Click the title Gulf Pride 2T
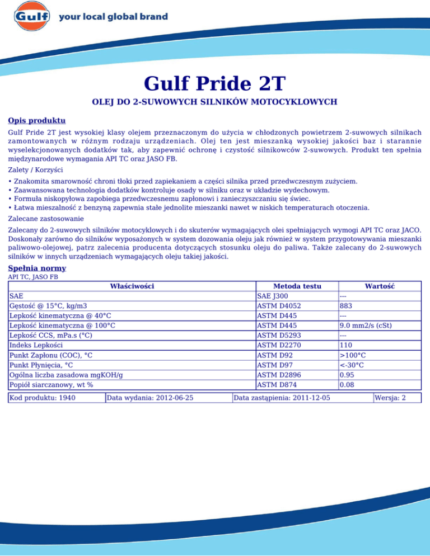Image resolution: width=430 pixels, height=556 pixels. click(x=215, y=84)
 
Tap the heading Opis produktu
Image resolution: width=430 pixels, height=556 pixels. click(x=37, y=121)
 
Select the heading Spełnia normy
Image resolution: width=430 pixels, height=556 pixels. click(x=38, y=268)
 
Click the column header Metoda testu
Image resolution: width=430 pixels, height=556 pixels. click(x=297, y=286)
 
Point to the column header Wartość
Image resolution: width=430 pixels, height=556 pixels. click(x=380, y=286)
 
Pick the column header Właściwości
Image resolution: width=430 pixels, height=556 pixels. click(x=132, y=286)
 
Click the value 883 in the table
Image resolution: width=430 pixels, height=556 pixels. click(x=347, y=306)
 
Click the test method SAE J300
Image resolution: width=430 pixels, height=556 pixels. click(x=273, y=296)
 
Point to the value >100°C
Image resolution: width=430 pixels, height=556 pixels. click(x=352, y=355)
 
